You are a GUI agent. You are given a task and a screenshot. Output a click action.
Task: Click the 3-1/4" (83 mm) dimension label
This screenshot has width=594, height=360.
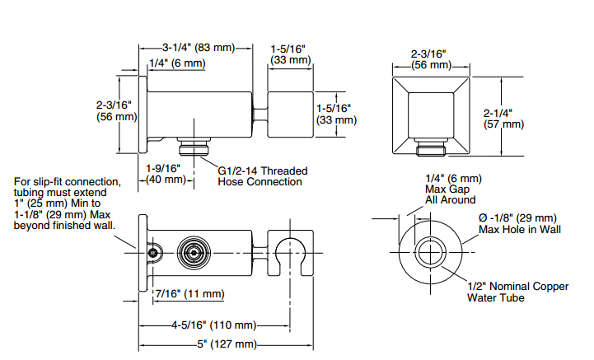tap(199, 47)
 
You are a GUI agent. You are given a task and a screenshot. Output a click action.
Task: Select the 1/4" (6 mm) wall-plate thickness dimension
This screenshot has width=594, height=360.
tap(176, 63)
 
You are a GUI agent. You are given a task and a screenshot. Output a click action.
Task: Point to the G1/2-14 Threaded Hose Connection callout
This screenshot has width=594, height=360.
tap(262, 176)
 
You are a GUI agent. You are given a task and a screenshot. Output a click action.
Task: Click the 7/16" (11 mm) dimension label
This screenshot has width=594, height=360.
tap(189, 293)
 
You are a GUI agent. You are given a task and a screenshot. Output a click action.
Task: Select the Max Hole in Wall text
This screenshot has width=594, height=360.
tap(519, 229)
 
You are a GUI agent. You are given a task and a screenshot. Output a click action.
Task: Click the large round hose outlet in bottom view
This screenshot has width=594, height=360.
tap(195, 251)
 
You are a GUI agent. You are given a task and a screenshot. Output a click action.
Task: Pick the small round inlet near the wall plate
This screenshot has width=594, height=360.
tap(152, 252)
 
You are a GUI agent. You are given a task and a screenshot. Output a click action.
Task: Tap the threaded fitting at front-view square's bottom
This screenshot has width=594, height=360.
tap(431, 149)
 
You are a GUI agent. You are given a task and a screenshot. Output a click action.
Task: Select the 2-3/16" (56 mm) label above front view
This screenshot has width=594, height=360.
tap(431, 58)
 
